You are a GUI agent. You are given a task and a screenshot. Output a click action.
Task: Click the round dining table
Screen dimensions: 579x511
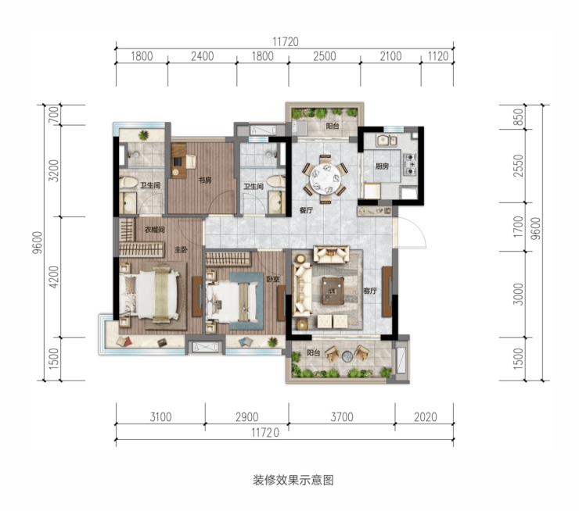325,178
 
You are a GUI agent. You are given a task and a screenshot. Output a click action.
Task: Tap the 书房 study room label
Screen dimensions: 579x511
204,180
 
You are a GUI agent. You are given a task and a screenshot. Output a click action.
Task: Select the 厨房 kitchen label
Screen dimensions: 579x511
382,166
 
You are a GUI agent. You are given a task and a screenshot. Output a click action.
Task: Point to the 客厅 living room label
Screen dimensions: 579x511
369,291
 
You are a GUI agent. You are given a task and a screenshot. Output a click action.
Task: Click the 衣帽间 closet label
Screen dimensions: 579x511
154,230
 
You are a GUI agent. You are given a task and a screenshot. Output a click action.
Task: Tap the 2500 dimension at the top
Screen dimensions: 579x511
325,56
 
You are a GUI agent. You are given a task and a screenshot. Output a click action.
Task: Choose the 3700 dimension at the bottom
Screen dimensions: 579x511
342,417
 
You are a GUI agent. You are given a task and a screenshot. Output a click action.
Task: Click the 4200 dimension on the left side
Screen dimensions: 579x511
54,277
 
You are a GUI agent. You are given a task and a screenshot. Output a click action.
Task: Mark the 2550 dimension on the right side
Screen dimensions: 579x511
519,166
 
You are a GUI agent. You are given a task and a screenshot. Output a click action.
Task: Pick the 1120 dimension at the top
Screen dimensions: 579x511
438,56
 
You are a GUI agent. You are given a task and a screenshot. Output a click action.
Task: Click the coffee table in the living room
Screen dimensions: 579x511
333,291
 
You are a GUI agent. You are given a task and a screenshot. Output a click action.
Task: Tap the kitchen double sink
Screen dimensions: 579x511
387,141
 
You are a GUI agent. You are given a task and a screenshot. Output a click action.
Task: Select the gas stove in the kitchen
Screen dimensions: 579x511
409,164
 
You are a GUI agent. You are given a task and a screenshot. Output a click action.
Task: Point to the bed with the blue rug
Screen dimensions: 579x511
232,302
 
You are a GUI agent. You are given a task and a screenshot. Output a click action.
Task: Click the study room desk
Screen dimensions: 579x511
178,161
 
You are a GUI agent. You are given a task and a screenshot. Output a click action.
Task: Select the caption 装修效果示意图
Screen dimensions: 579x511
293,480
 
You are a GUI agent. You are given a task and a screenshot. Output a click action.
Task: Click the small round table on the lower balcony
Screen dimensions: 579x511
347,356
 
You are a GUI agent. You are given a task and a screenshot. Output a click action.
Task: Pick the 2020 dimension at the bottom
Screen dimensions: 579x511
425,417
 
